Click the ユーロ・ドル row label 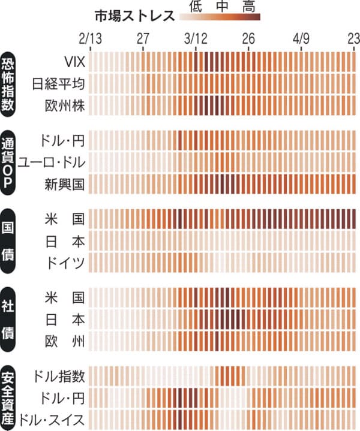coord(52,161)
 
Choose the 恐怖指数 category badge coord(10,83)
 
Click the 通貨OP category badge coord(10,161)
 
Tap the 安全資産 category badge coord(10,397)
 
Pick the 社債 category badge coord(10,318)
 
